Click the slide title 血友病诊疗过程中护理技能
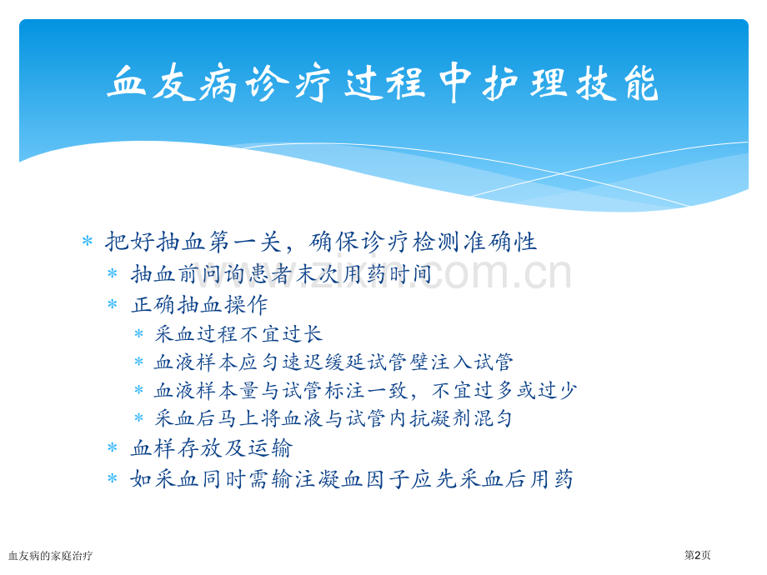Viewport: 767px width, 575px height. click(383, 82)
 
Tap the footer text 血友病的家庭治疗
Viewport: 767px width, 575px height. click(50, 556)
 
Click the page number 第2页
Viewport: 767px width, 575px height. click(697, 555)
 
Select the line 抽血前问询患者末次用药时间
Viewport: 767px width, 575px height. click(281, 274)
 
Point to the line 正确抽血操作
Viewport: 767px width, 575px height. click(199, 305)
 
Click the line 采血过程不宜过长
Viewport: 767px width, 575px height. click(238, 334)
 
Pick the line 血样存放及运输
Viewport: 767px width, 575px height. click(211, 448)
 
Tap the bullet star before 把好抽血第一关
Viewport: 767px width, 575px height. click(88, 241)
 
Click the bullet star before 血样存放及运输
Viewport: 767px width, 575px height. click(113, 447)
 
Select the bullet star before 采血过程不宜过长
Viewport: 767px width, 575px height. click(139, 334)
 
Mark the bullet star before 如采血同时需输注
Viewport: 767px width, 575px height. click(113, 478)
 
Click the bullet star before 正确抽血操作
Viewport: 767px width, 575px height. click(113, 304)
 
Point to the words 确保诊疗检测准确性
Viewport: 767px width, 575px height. click(424, 242)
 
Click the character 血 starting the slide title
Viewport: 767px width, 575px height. click(127, 82)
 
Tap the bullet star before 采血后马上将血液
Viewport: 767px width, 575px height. click(139, 418)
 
